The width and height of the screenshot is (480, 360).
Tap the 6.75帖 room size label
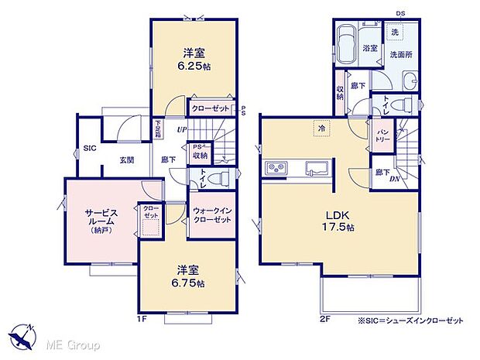[x=190, y=284]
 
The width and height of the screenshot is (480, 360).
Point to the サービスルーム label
[x=101, y=215]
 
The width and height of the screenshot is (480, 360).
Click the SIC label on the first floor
[x=89, y=145]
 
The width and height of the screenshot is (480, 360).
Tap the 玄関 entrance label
[x=128, y=160]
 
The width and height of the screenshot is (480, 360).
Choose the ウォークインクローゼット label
[x=212, y=216]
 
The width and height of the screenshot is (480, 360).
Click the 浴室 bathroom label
[x=369, y=47]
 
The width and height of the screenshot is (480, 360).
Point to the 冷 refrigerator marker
[x=321, y=127]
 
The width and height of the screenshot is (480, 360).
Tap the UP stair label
[x=182, y=129]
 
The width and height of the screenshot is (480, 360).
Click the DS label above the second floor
[x=400, y=13]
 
